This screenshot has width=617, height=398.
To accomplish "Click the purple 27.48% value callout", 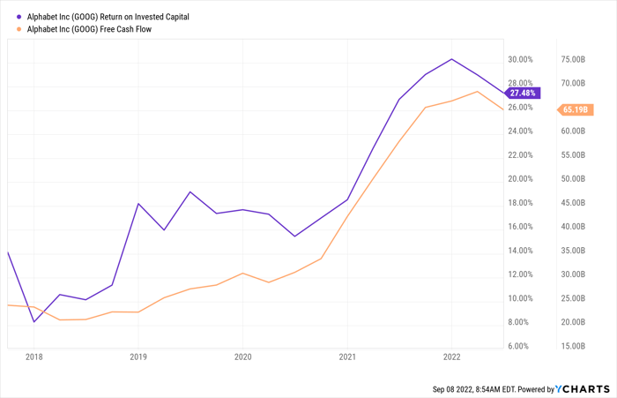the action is point(523,93).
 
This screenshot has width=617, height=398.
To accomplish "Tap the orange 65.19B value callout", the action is point(576,109).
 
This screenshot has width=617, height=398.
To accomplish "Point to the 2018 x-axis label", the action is point(33,357).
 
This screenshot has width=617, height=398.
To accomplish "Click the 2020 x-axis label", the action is point(242,357).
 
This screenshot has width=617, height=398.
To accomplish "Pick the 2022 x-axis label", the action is point(451,357).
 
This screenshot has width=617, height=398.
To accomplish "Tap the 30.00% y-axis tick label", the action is point(520,59).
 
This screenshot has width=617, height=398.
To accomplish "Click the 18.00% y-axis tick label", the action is point(520,203).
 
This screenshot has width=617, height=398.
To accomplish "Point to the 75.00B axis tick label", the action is point(573,59).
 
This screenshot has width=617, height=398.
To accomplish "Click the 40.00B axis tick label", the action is point(573,227).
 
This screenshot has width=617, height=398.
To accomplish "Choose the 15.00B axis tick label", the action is point(573,347).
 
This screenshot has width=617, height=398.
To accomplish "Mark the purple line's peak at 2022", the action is point(451,59).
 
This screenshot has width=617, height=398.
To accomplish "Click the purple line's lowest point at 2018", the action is point(33,322).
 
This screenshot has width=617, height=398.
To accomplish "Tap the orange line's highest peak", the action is point(478,92).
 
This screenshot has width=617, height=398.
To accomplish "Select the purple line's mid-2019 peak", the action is point(190,191).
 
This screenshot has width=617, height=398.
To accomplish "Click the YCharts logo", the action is point(583,389).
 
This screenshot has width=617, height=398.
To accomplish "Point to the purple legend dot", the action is point(19,17).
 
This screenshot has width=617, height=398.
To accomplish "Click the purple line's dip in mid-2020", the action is point(294,237).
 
